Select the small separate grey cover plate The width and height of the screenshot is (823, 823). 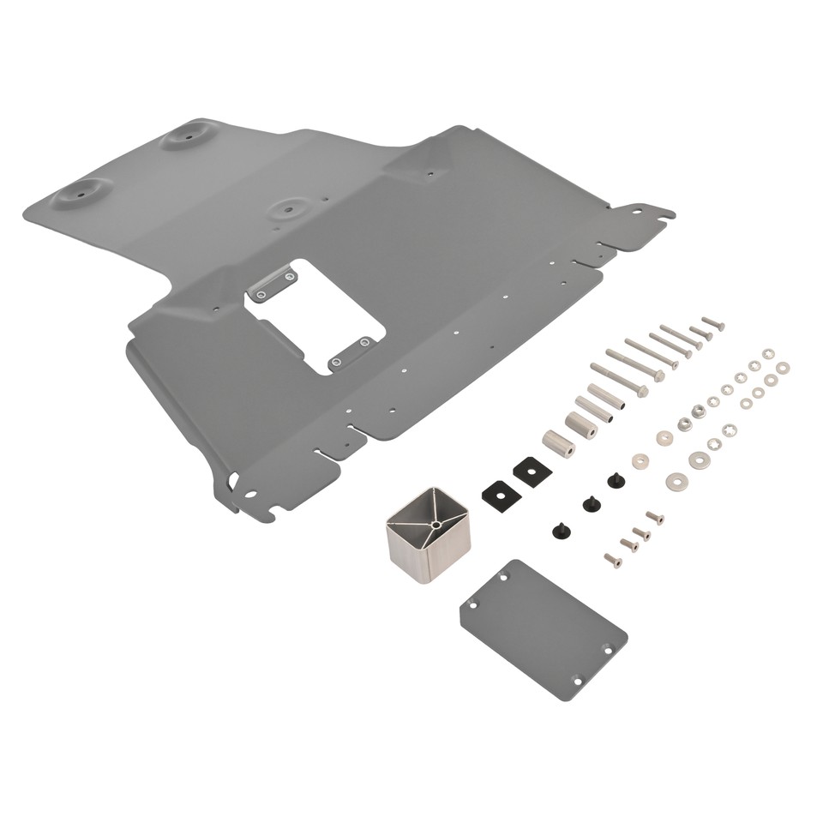tap(543, 629)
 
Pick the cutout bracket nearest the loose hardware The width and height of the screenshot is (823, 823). tap(352, 351)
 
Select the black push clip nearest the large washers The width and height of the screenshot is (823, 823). tap(615, 480)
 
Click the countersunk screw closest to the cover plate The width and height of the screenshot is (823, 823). tap(611, 560)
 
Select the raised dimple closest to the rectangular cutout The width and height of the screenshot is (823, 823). tap(292, 207)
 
